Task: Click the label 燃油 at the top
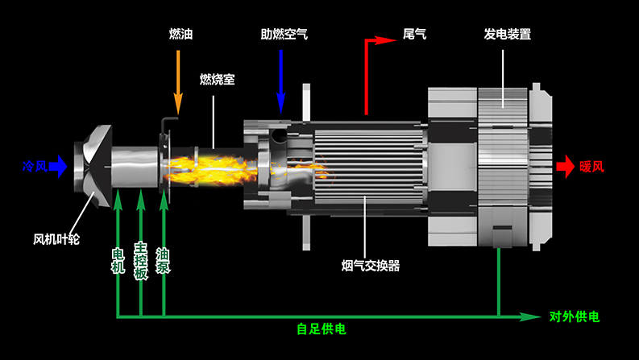pos(180,35)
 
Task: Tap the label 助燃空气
pos(284,35)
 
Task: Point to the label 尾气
pos(414,35)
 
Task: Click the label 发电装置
pos(507,35)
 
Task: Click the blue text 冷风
pos(35,168)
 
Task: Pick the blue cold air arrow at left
pos(59,168)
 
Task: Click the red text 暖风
pos(591,168)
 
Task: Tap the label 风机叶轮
pos(56,239)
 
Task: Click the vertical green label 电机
pos(118,259)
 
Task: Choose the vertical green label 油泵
pos(164,259)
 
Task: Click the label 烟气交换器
pos(371,265)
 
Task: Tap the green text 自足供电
pos(321,329)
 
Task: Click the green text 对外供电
pos(575,317)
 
